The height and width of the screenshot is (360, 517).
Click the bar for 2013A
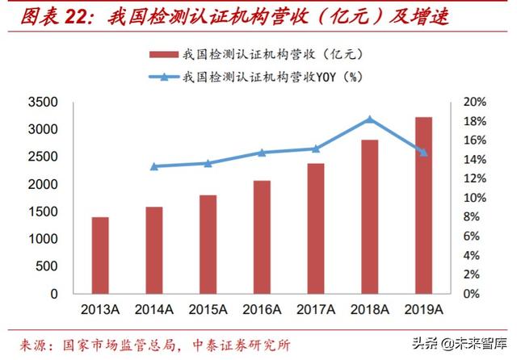(99, 255)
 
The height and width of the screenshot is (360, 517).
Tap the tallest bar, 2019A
(423, 205)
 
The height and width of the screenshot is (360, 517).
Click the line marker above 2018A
(369, 119)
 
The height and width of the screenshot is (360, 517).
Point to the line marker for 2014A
(153, 166)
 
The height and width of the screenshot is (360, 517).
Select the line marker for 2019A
(423, 153)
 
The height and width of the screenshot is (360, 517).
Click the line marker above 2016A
(261, 153)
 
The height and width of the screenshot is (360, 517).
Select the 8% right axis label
(476, 218)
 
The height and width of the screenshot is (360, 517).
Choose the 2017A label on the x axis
(315, 310)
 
